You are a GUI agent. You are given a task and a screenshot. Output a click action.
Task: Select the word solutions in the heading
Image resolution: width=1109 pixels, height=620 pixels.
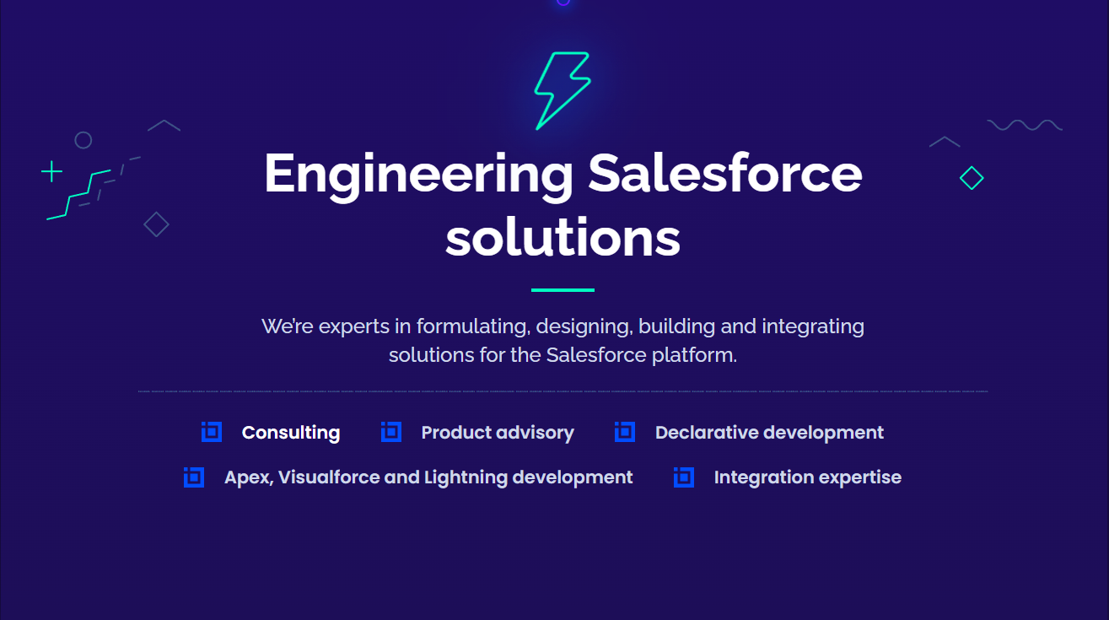click(563, 238)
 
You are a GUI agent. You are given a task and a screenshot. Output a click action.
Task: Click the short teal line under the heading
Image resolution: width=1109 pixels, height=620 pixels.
click(563, 290)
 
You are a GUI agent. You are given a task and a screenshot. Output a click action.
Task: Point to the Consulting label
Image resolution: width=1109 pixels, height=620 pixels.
click(291, 433)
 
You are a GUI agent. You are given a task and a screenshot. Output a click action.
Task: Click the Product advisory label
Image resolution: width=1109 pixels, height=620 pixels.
click(498, 433)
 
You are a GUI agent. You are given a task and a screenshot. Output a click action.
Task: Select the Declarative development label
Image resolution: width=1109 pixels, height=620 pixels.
click(769, 433)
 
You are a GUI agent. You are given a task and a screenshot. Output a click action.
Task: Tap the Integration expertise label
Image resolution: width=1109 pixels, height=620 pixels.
click(807, 477)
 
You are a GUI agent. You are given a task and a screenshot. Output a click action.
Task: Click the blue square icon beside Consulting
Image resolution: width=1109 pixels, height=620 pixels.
click(212, 432)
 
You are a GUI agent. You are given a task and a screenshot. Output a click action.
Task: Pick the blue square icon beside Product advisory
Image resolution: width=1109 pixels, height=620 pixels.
click(391, 432)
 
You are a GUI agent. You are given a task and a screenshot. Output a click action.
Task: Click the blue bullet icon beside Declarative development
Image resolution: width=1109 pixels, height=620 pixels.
click(625, 432)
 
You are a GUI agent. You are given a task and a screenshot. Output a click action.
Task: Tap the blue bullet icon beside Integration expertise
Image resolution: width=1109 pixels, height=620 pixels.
click(684, 477)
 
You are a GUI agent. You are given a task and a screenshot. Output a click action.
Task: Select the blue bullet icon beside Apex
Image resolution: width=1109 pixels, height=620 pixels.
click(194, 477)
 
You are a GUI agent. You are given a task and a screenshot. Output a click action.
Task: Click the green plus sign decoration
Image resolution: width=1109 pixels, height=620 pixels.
click(51, 172)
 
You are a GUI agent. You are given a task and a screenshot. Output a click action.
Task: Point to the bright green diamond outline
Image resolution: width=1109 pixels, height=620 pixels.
click(972, 178)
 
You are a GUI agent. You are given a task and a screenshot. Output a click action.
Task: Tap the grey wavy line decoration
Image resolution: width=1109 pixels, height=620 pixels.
click(1025, 126)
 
